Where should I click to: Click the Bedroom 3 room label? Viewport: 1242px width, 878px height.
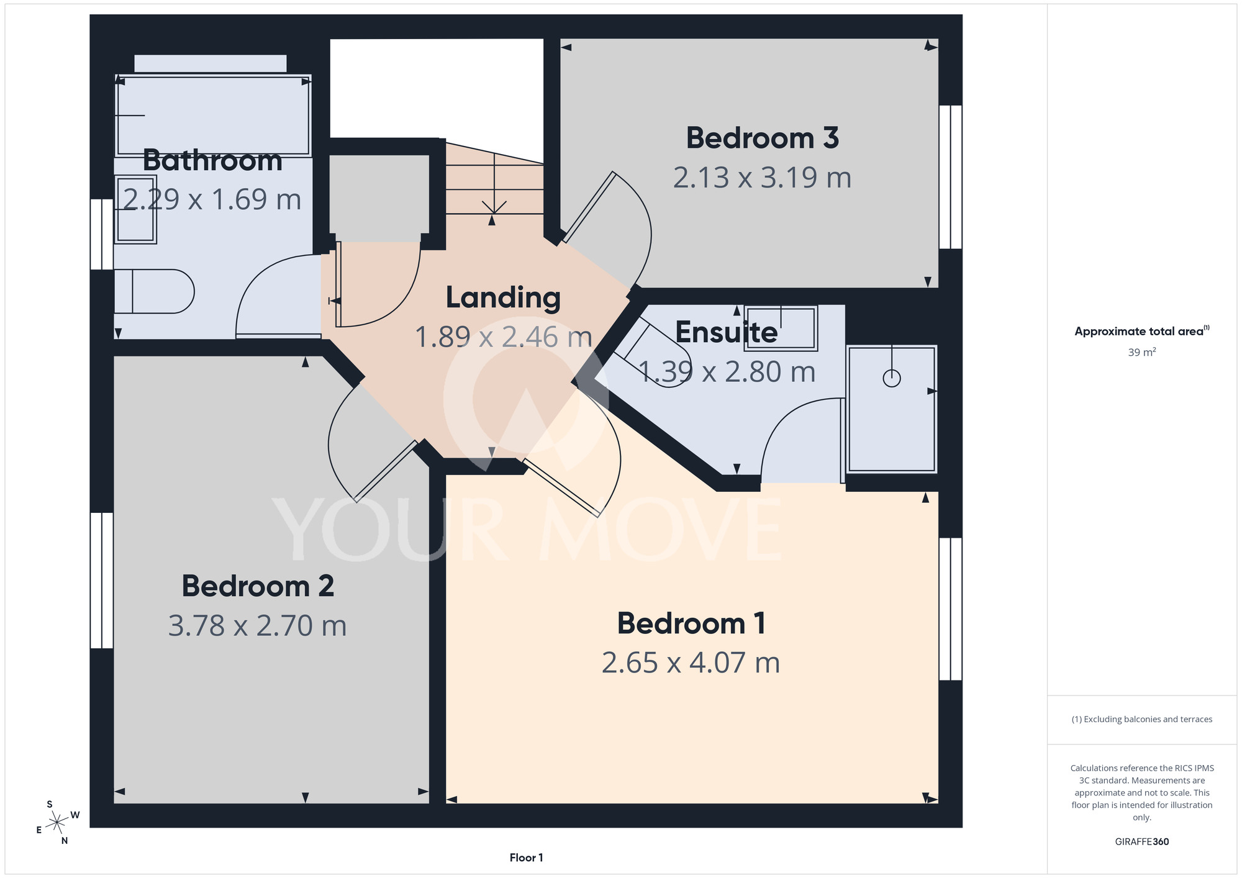click(x=762, y=138)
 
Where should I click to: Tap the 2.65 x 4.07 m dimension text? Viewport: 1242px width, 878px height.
click(x=691, y=663)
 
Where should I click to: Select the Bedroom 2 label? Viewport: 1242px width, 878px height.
click(x=258, y=586)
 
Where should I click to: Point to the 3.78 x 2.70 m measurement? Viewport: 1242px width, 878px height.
click(x=257, y=625)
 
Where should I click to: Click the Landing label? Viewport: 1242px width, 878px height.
click(x=503, y=298)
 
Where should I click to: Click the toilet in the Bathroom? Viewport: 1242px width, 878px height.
click(x=154, y=291)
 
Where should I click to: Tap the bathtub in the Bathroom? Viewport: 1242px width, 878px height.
click(x=213, y=115)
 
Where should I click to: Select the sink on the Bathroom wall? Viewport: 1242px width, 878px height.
click(x=135, y=209)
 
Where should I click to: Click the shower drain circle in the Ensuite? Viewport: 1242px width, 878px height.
click(x=892, y=378)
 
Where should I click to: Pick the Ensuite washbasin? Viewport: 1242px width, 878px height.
click(x=781, y=328)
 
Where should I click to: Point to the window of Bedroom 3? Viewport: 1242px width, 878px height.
click(x=950, y=177)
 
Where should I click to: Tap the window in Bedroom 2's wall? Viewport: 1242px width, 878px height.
click(x=102, y=581)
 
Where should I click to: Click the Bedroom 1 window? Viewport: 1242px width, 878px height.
click(x=950, y=609)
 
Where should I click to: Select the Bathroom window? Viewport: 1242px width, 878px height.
click(x=102, y=234)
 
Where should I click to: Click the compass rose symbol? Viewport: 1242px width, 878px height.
click(x=58, y=823)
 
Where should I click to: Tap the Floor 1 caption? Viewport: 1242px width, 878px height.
click(x=526, y=858)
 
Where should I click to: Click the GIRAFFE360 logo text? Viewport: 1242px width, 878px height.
click(x=1141, y=842)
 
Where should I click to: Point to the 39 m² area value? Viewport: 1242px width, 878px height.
click(x=1141, y=352)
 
